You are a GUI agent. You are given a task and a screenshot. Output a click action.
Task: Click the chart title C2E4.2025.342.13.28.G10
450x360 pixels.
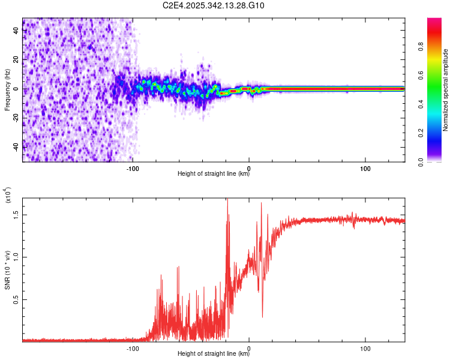[214, 5]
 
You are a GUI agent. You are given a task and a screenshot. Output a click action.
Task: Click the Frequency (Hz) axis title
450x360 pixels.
[7, 90]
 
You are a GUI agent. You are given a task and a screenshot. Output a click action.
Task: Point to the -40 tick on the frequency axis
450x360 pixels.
[16, 147]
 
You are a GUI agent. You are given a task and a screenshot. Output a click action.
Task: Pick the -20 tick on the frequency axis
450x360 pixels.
[16, 118]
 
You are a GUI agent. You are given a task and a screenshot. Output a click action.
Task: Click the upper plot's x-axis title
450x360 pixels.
[214, 174]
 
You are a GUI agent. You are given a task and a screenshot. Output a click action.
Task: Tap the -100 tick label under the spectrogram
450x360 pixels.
[133, 167]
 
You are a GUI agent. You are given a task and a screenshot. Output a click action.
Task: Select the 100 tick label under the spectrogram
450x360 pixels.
[365, 167]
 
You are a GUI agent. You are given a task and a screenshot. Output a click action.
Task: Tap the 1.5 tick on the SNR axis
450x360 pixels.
[16, 214]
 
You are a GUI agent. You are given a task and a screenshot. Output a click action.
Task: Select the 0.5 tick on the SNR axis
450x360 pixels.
[16, 300]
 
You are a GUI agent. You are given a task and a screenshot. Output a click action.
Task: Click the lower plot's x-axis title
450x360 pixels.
[214, 354]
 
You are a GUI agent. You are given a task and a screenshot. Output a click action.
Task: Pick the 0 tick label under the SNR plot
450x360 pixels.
[249, 347]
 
